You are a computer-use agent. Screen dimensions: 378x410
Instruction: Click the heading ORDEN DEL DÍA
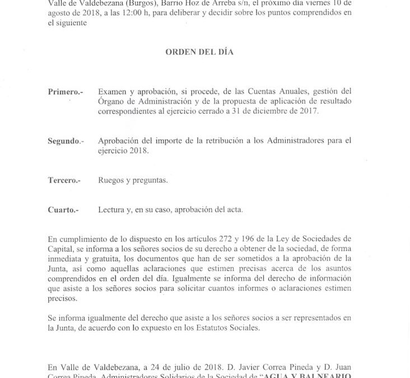tap(199, 52)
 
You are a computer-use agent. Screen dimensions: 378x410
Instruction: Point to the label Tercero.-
tap(64, 180)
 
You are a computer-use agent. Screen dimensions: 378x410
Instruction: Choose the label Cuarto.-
tap(63, 210)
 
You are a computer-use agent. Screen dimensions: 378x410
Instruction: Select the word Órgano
tap(111, 101)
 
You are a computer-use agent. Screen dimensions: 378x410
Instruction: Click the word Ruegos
tap(111, 180)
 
